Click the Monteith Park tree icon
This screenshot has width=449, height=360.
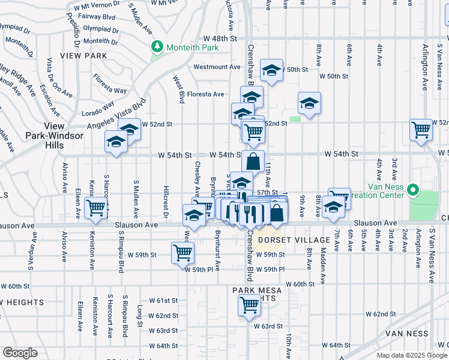point(157,46)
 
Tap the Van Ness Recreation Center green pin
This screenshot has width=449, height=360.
point(412,191)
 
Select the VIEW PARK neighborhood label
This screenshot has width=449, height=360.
point(88,56)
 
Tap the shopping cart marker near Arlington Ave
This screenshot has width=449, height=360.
point(421,129)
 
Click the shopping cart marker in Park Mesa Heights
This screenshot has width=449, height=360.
point(249,304)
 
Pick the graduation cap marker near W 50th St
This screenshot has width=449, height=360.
point(272,71)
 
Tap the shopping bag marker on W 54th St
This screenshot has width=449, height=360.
point(253,160)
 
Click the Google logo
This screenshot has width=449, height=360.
point(20,353)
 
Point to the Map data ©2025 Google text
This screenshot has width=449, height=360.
point(412,355)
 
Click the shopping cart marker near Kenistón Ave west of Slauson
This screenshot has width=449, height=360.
point(96,208)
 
